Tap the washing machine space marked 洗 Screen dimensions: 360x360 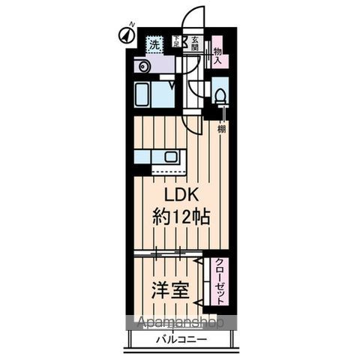[x=154, y=43]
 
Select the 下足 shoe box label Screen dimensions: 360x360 [x=177, y=43]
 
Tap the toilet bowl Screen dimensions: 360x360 [x=220, y=95]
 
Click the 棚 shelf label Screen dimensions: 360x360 [x=221, y=129]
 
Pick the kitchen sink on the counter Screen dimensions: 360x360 [x=171, y=157]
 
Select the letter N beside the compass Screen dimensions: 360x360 [x=131, y=25]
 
